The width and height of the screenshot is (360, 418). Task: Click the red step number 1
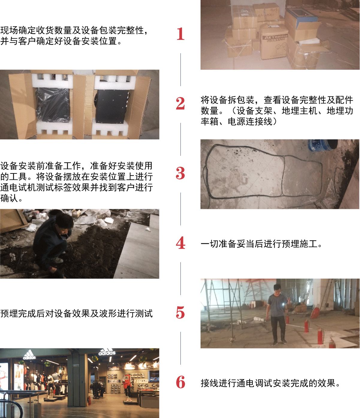pos(181,34)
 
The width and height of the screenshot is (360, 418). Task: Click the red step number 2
pos(180,103)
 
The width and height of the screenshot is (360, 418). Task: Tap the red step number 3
pos(180,173)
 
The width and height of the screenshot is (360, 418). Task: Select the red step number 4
pos(181,243)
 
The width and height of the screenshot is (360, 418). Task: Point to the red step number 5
pos(180,313)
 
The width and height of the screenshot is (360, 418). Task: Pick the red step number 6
pos(181,382)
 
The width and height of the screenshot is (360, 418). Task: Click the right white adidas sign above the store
pos(107,352)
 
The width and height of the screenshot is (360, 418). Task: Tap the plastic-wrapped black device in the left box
pos(53,105)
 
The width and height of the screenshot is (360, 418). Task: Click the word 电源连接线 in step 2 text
pos(250,121)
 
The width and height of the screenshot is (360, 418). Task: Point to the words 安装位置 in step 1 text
pos(99,41)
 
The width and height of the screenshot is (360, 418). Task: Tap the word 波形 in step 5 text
pos(108,313)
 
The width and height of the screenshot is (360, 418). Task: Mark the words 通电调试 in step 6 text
pos(254,383)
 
